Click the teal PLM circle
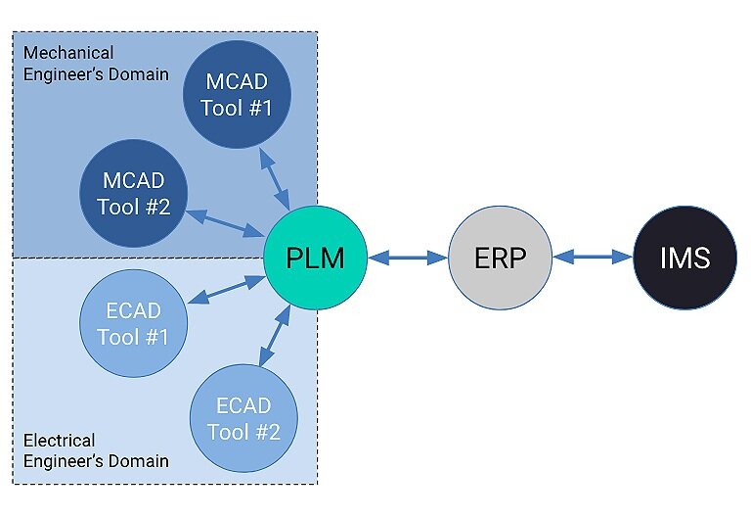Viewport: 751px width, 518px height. coord(315,259)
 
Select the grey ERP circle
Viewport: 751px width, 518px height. coord(500,259)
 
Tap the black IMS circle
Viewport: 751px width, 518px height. coord(684,259)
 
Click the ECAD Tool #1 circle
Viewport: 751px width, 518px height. coord(133,323)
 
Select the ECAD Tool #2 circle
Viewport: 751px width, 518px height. coord(243,419)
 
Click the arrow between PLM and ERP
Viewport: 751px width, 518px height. coord(408,259)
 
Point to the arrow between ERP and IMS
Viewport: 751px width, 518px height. coord(593,259)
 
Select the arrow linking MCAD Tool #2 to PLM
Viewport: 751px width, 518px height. coord(228,222)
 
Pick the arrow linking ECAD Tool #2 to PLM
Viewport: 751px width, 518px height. coord(275,338)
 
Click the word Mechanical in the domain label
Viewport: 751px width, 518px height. coord(68,52)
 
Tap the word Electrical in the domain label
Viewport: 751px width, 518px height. coord(60,440)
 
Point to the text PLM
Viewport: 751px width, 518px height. coord(315,259)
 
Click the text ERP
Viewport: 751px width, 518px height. coord(500,259)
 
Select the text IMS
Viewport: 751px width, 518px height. coord(684,259)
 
